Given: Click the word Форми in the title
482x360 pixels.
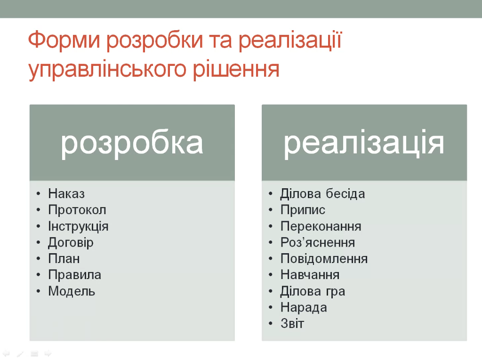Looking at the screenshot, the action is pyautogui.click(x=64, y=40).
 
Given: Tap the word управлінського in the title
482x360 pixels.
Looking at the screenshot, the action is pyautogui.click(x=107, y=70).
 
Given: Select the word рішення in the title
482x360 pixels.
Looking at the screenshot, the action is pyautogui.click(x=236, y=70).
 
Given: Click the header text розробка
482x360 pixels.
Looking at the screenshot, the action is pyautogui.click(x=132, y=144).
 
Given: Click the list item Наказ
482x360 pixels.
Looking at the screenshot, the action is pyautogui.click(x=66, y=194).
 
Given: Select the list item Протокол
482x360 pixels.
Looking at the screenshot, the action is pyautogui.click(x=77, y=210).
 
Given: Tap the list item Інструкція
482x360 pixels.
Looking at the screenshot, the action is pyautogui.click(x=78, y=226).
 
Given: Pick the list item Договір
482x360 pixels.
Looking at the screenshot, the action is pyautogui.click(x=71, y=243).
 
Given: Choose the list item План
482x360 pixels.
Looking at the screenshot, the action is pyautogui.click(x=64, y=258).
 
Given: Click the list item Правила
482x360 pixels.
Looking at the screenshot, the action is pyautogui.click(x=74, y=275).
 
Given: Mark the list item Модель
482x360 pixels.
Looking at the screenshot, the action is pyautogui.click(x=72, y=291).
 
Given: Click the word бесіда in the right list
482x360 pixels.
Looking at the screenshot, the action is pyautogui.click(x=345, y=194).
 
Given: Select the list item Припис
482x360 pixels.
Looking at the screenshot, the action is pyautogui.click(x=303, y=210).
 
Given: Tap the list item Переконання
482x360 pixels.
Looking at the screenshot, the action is pyautogui.click(x=321, y=226).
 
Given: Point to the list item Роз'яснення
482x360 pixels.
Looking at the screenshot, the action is pyautogui.click(x=318, y=242).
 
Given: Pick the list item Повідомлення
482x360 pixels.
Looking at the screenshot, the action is pyautogui.click(x=324, y=258).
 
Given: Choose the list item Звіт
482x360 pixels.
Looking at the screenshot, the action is pyautogui.click(x=292, y=323).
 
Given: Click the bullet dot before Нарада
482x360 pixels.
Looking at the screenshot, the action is pyautogui.click(x=271, y=307).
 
